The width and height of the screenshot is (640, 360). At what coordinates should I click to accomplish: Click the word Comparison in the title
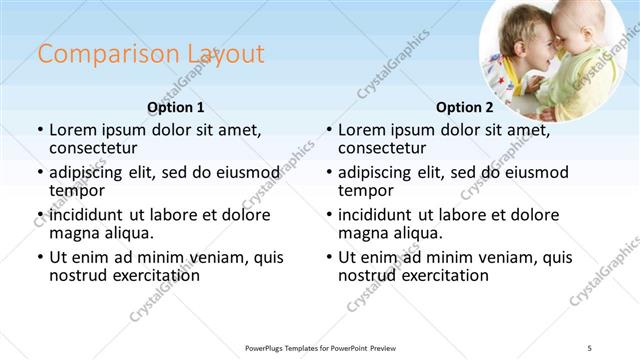[95, 54]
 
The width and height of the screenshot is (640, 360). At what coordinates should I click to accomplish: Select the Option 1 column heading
[175, 107]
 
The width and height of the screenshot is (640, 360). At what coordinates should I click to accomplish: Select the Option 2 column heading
[465, 107]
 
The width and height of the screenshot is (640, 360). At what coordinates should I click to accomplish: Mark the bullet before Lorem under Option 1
[39, 130]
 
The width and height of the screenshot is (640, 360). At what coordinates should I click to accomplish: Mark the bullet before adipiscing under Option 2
[329, 172]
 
